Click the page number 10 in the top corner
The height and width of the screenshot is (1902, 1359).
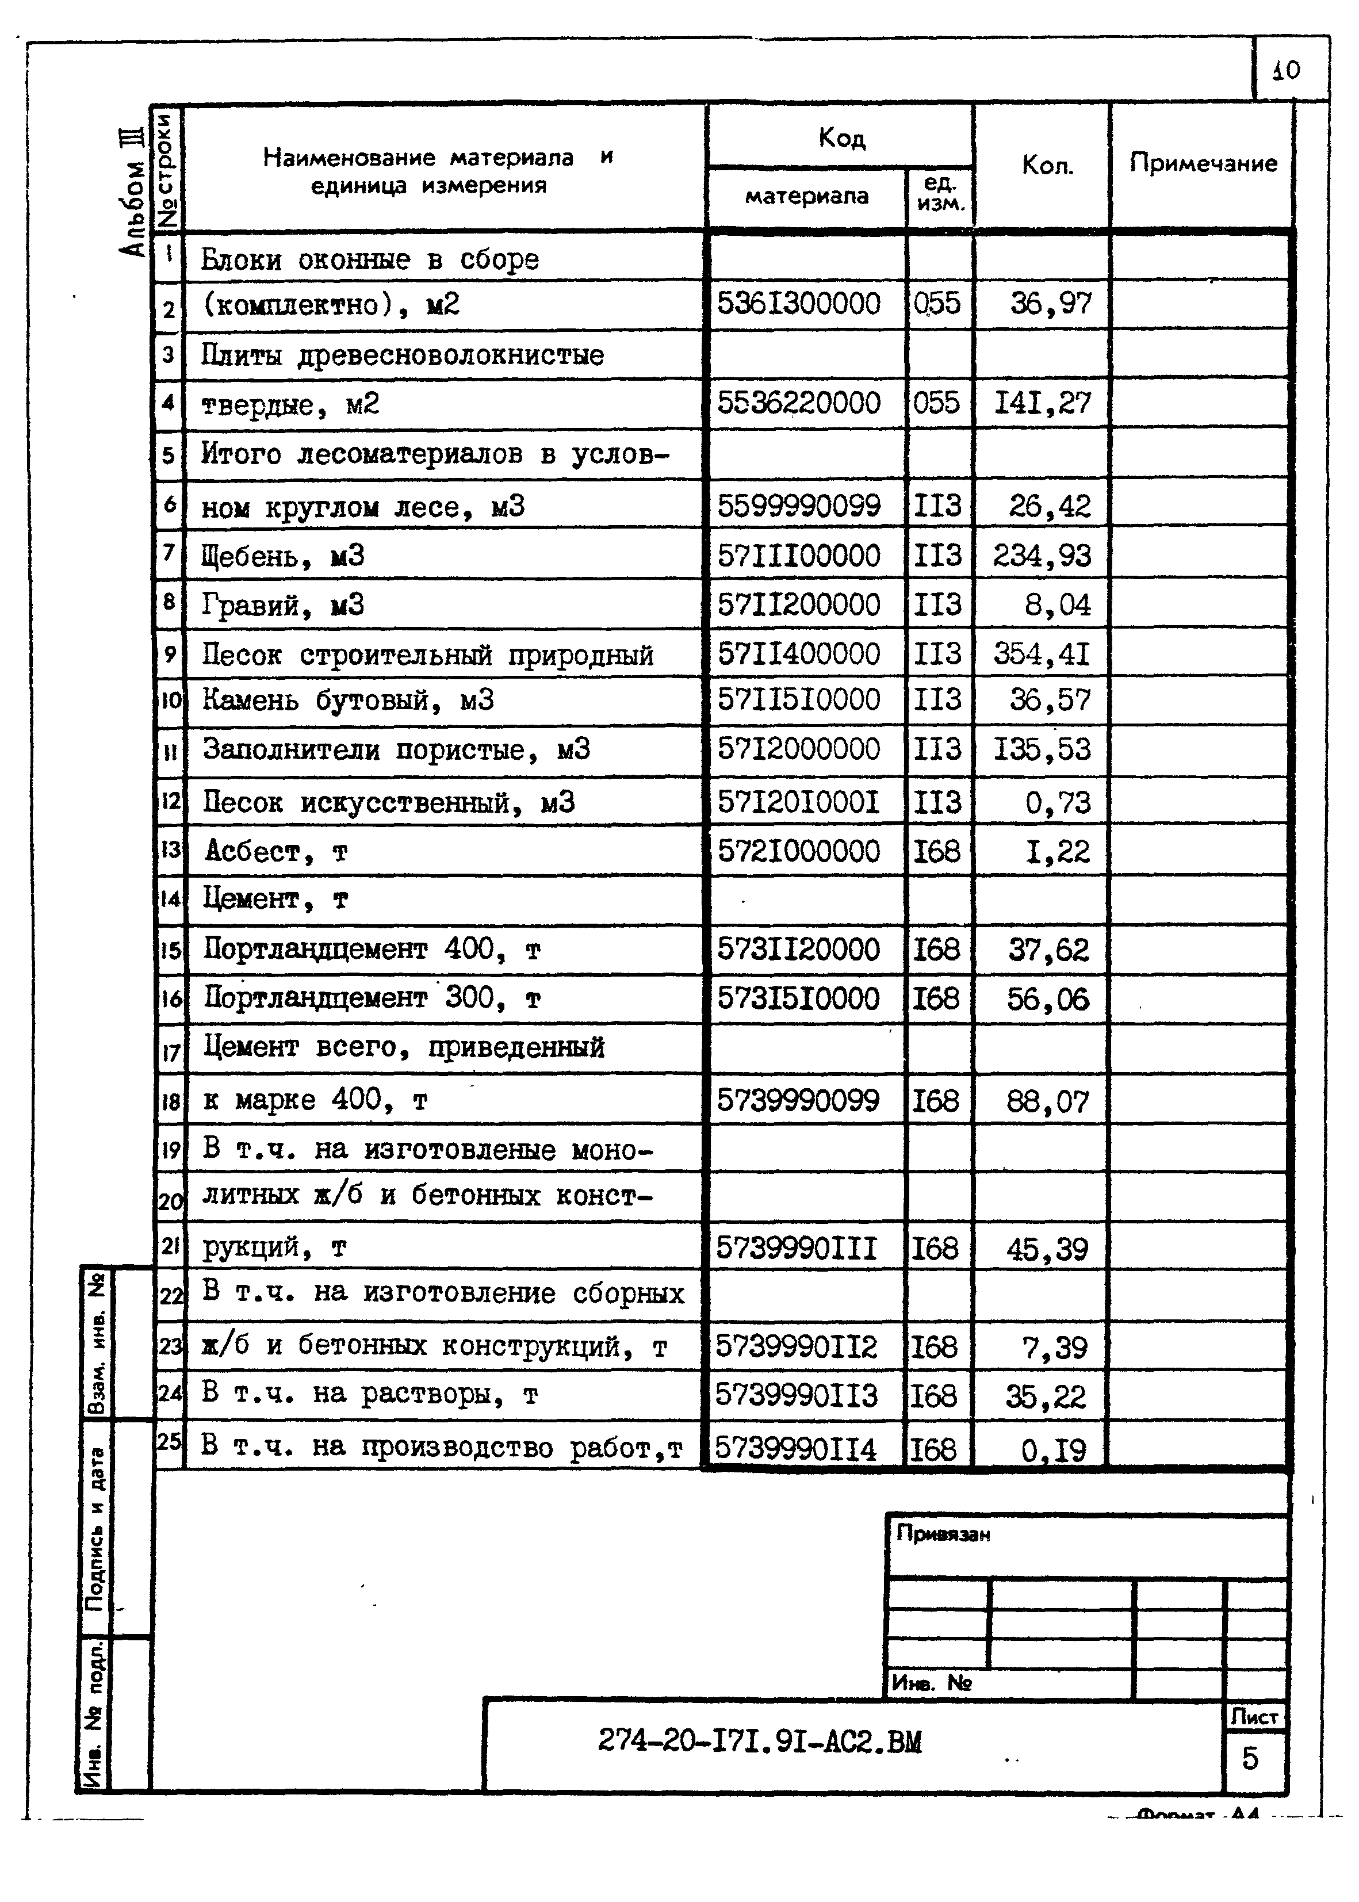click(x=1286, y=70)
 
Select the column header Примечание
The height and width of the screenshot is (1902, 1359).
click(x=1203, y=163)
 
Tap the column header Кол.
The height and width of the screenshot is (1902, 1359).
click(x=1047, y=166)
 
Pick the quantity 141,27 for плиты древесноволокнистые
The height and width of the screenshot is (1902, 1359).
click(x=1042, y=403)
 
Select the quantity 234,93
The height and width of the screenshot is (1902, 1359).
click(x=1042, y=556)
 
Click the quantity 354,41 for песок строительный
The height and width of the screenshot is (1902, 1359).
click(x=1042, y=653)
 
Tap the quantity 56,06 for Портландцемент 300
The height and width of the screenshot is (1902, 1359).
click(x=1048, y=999)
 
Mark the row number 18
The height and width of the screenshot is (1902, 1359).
click(x=170, y=1102)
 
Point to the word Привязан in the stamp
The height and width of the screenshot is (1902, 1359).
click(x=942, y=1534)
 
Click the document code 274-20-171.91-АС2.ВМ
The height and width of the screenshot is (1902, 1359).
click(x=759, y=1742)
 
